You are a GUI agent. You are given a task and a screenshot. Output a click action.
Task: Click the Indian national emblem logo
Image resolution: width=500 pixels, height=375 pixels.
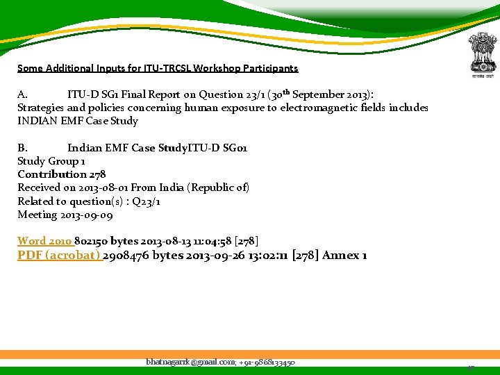click(478, 56)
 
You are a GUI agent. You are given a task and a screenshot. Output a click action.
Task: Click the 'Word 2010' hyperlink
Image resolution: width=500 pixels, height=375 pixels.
click(44, 241)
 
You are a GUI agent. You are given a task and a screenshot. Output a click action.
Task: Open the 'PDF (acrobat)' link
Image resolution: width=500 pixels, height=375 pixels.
click(59, 255)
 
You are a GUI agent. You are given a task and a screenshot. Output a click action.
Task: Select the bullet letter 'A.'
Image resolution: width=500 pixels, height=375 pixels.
click(22, 94)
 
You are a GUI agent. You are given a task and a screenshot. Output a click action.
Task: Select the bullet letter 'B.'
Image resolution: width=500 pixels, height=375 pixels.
click(22, 148)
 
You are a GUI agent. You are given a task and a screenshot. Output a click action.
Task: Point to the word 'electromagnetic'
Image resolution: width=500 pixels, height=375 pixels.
click(351, 108)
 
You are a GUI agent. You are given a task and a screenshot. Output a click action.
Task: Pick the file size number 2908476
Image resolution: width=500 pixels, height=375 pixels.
click(126, 255)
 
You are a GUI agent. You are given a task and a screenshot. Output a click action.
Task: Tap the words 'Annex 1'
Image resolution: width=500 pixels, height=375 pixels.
click(345, 255)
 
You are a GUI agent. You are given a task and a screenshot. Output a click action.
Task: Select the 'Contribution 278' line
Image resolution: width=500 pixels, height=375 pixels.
click(62, 174)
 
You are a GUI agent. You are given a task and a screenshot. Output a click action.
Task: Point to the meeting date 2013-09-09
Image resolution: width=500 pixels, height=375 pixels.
click(85, 215)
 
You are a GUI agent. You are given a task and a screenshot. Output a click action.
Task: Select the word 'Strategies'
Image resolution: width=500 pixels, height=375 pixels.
click(40, 108)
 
